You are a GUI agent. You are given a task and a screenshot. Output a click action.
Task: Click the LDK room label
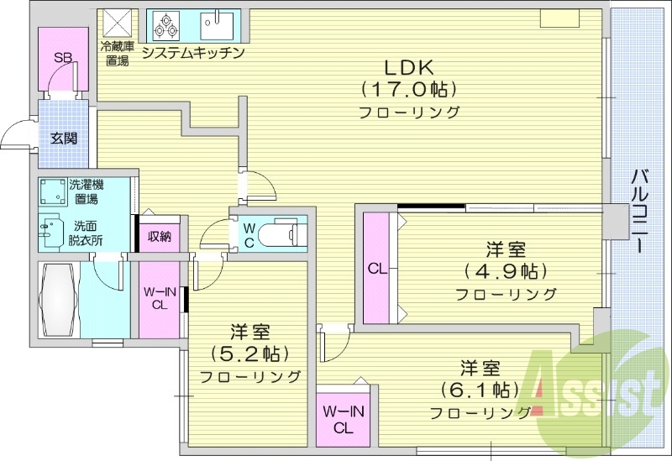(408, 67)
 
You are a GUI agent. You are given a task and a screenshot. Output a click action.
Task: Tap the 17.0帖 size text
(408, 90)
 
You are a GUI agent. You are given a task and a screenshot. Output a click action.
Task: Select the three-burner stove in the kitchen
(166, 26)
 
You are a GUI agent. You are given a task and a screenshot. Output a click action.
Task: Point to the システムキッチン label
(193, 52)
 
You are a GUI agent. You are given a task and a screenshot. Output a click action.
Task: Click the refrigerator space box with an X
(118, 23)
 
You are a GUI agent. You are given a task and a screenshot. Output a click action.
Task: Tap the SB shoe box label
(63, 57)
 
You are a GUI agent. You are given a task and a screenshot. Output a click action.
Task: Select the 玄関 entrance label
(65, 138)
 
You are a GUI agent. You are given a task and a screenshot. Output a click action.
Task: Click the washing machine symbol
(54, 191)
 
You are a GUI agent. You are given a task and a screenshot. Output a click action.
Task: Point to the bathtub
(60, 300)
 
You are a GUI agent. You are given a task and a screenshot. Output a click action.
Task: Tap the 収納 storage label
(160, 235)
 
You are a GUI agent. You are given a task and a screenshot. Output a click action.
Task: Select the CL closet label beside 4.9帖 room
(377, 270)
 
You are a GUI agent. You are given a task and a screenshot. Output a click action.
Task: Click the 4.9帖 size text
(506, 270)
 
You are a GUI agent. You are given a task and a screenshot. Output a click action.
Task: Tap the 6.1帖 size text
(480, 390)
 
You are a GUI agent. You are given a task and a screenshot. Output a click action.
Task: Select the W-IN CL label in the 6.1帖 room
(344, 420)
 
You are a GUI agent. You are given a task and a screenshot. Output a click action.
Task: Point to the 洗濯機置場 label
(87, 191)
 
